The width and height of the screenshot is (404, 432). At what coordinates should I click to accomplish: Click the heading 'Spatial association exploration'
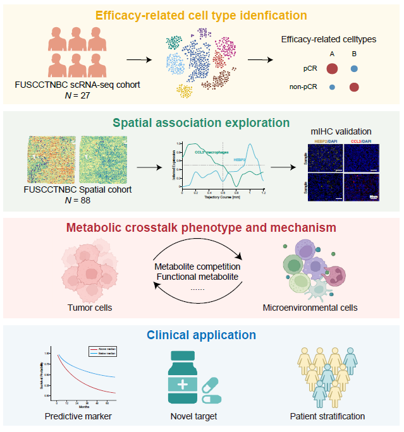(202, 123)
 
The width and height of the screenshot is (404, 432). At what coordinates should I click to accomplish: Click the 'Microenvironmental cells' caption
(309, 308)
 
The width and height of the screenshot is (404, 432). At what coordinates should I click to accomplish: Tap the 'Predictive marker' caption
(78, 416)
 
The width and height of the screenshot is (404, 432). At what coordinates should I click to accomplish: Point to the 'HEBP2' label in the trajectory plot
(241, 160)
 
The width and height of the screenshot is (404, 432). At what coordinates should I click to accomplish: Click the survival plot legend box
(102, 352)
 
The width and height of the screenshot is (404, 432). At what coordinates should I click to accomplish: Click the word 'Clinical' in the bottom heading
(166, 335)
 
